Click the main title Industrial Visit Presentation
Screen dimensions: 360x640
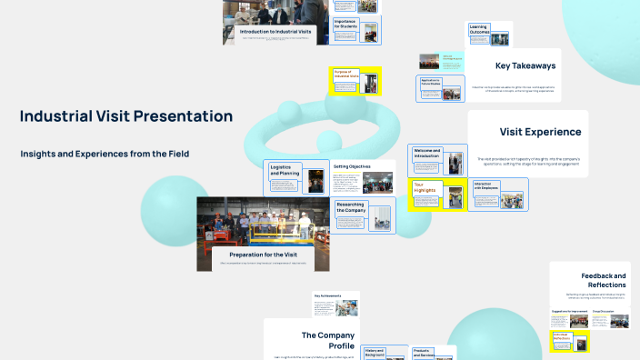tap(125, 116)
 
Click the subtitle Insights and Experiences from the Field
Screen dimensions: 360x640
tap(105, 154)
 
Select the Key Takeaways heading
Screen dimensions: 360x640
tap(526, 65)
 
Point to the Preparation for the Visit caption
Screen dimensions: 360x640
tap(264, 255)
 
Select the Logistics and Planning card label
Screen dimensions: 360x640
tap(285, 171)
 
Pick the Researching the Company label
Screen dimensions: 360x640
tap(350, 208)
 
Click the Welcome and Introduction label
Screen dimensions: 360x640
tap(426, 154)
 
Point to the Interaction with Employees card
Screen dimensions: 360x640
tap(486, 186)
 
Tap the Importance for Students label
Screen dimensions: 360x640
tap(345, 25)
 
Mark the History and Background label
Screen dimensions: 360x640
tap(375, 353)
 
